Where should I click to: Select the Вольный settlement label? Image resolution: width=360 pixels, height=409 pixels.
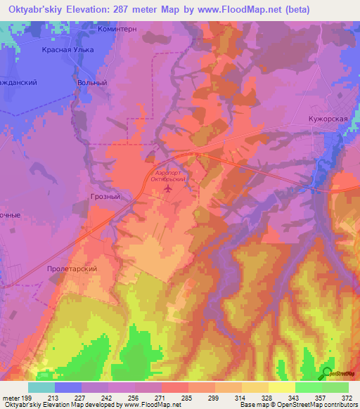(91, 82)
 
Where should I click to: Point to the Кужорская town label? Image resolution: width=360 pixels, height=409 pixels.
(328, 119)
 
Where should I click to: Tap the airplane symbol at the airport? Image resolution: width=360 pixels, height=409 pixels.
(168, 188)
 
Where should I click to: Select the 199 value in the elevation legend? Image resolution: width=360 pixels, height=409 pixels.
(26, 398)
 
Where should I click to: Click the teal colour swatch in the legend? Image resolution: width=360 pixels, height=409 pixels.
(41, 387)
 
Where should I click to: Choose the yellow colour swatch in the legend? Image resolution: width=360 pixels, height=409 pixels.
(282, 387)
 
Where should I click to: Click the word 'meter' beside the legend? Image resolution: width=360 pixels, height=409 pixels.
(10, 398)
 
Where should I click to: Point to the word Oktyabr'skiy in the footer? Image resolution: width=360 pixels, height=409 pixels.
(20, 405)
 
